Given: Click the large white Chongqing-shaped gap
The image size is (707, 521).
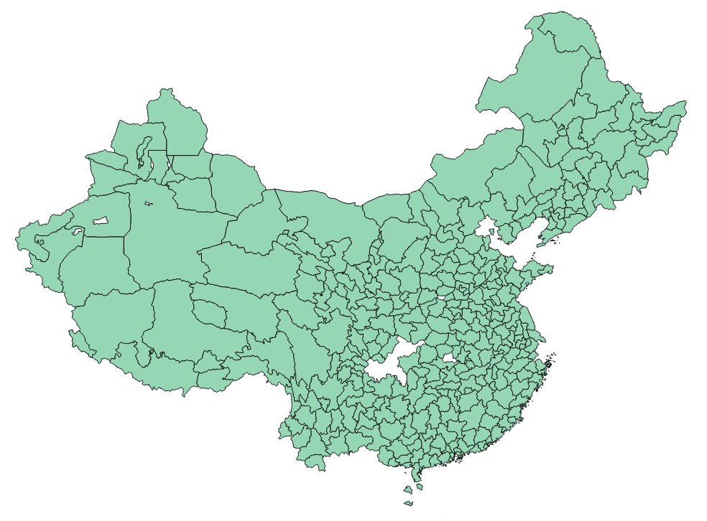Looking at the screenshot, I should (x=392, y=362).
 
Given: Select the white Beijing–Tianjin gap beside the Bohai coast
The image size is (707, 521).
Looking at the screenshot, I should (x=487, y=228).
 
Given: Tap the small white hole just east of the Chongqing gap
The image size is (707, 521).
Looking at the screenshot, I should (x=450, y=357).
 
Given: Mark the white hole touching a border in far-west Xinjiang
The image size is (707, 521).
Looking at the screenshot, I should (x=77, y=232).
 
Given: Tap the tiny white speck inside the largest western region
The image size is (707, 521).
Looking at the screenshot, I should (x=148, y=204).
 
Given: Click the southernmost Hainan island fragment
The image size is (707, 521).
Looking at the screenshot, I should (x=409, y=502).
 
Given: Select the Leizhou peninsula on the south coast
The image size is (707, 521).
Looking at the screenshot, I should (x=416, y=472).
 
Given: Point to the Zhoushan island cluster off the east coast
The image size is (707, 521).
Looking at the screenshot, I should (x=551, y=362).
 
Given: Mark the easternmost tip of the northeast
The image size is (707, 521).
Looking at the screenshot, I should (x=685, y=105).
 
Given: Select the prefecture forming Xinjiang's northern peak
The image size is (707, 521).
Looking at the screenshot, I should (x=176, y=122).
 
